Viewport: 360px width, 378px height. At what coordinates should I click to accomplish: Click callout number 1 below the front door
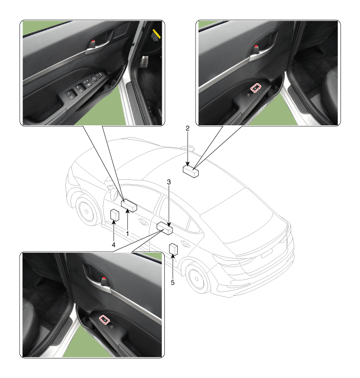click(x=127, y=233)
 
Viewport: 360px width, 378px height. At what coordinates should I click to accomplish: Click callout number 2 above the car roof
click(x=187, y=128)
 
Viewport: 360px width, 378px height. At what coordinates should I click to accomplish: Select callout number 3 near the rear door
click(x=169, y=182)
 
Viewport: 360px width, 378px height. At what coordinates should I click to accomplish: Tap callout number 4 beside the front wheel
click(x=113, y=245)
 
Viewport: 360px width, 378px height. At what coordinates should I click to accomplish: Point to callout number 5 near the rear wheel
click(x=173, y=282)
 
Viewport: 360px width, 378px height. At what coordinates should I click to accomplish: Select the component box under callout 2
click(x=191, y=172)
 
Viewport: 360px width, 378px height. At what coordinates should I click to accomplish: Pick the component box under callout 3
click(x=165, y=229)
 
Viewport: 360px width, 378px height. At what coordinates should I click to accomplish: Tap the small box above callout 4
click(x=115, y=215)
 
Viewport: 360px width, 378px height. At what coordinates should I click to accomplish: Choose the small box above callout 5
click(x=174, y=249)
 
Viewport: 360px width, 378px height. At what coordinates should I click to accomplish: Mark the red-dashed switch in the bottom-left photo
click(x=104, y=319)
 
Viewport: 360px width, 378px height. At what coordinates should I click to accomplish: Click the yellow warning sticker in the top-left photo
click(x=155, y=35)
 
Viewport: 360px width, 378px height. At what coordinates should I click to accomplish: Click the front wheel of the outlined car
click(x=86, y=212)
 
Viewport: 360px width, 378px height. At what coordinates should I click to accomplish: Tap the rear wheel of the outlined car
click(x=196, y=278)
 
